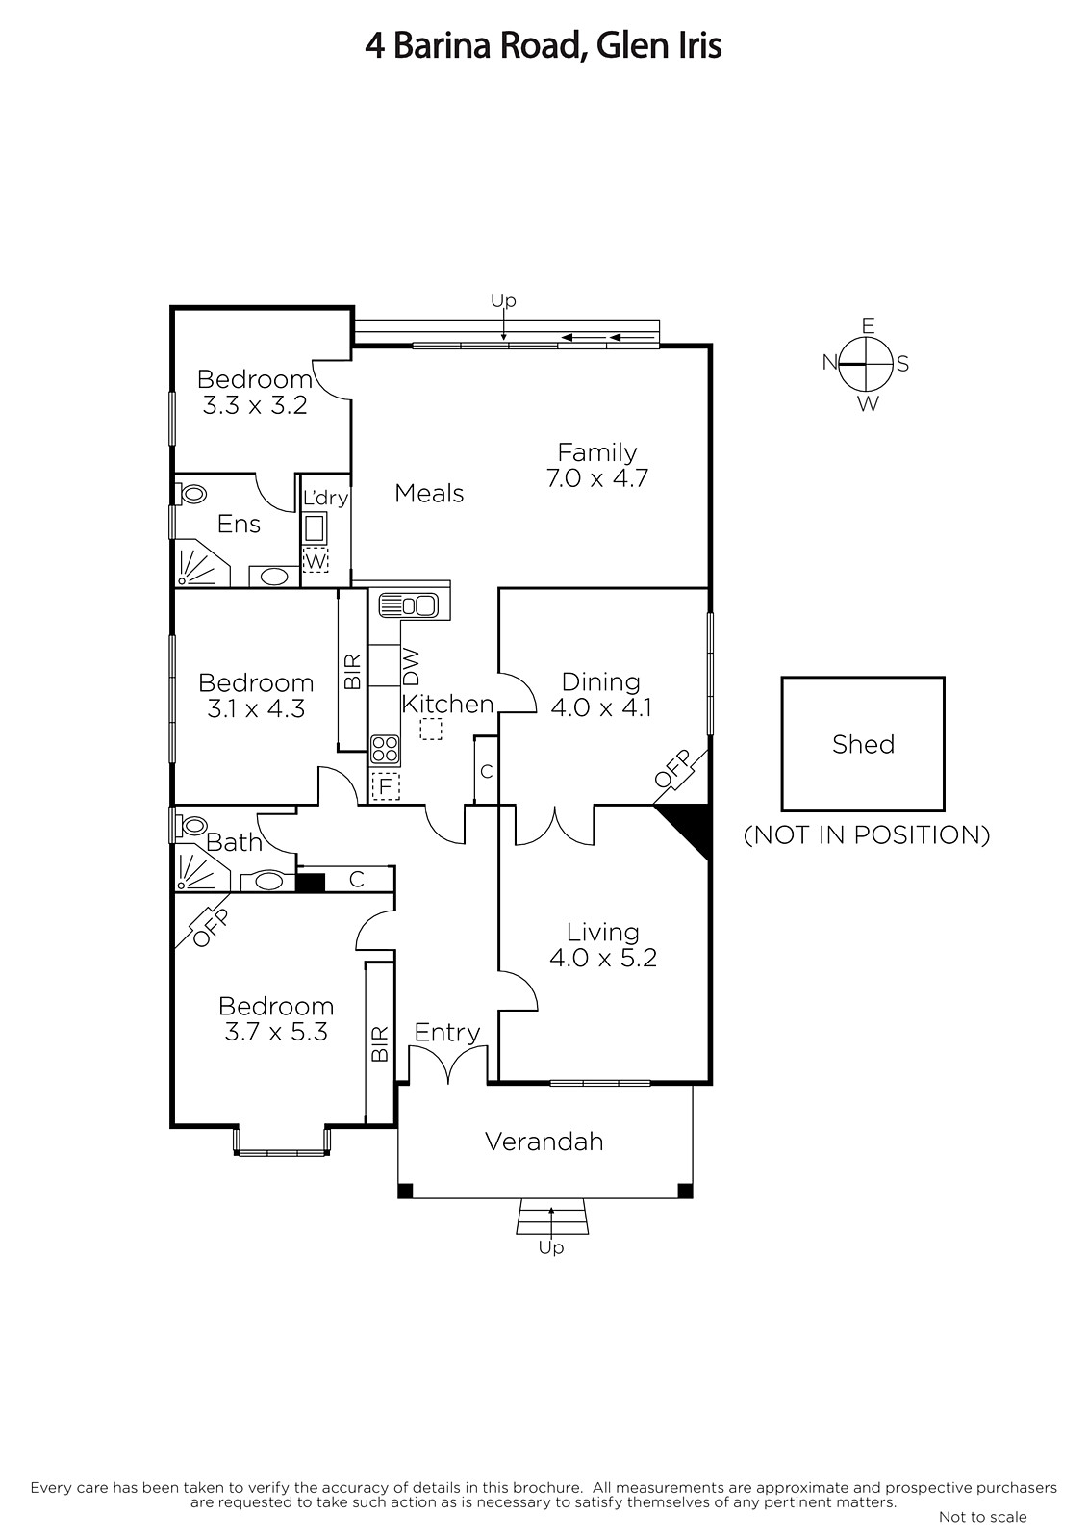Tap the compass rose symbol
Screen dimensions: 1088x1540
(x=867, y=363)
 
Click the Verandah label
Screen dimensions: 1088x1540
(x=544, y=1142)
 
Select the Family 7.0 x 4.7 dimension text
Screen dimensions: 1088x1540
(x=597, y=477)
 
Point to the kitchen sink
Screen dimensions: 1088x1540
(x=408, y=605)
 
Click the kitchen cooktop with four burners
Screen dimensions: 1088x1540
(x=385, y=750)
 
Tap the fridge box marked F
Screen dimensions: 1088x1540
(x=385, y=786)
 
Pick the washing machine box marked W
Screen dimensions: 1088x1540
(x=316, y=560)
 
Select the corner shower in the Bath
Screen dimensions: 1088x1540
(x=198, y=872)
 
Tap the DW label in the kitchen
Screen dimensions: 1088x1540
(x=411, y=666)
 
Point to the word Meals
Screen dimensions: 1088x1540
(x=429, y=493)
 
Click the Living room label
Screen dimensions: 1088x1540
(x=603, y=933)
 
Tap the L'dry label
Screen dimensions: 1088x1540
(x=325, y=498)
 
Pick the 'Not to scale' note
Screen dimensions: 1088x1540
(x=982, y=1516)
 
